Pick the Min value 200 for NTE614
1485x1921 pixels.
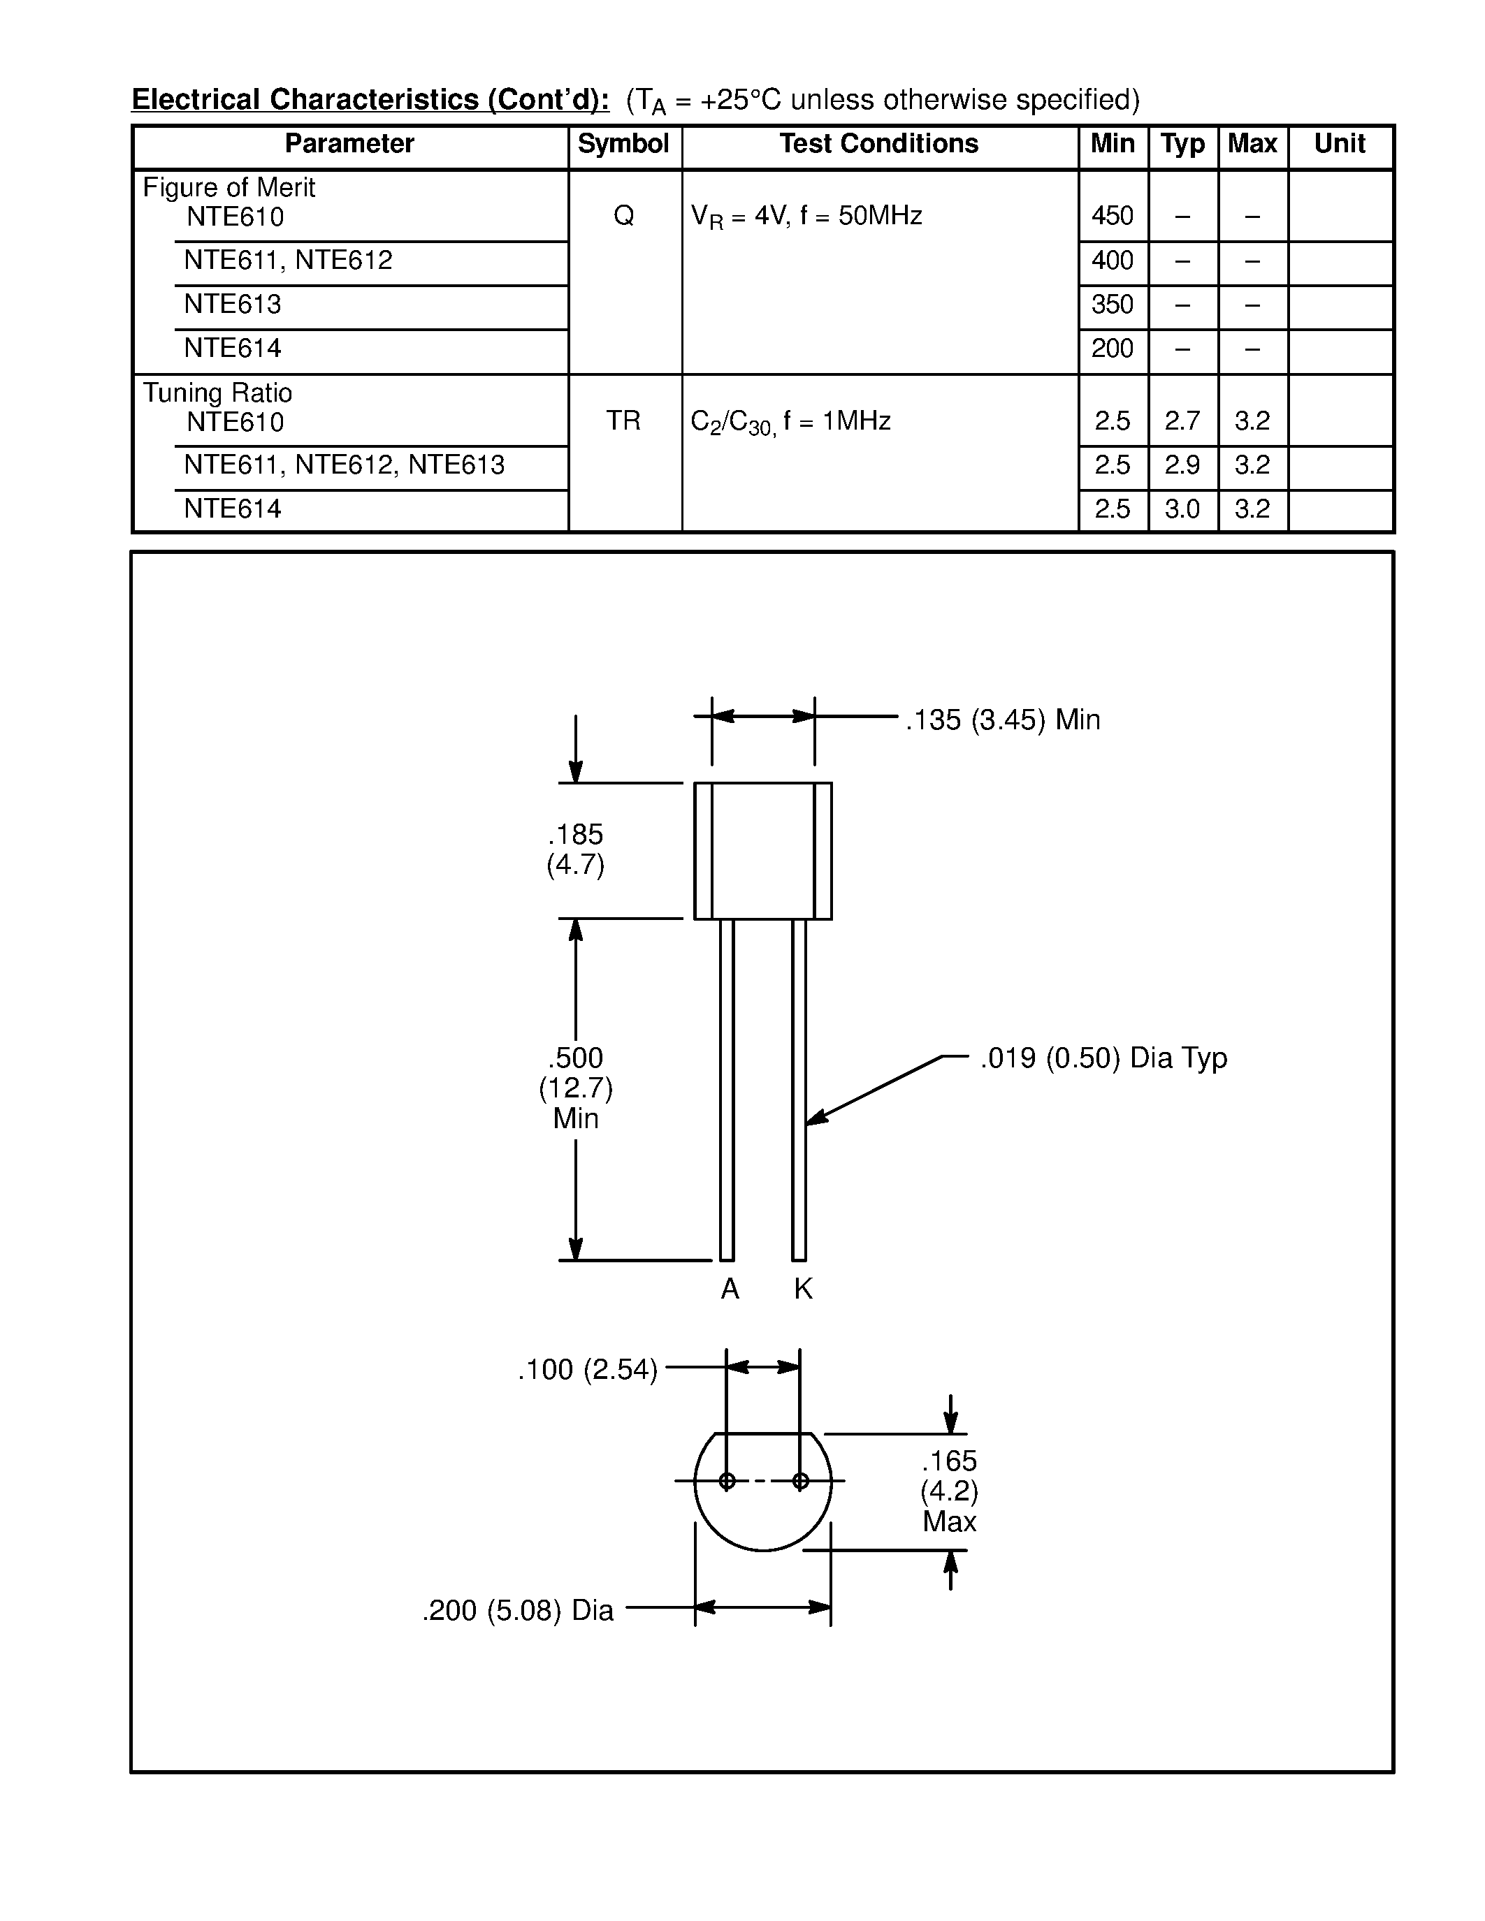(x=1112, y=349)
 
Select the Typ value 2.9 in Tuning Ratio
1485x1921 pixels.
(x=1182, y=465)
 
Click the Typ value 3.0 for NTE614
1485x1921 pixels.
(x=1182, y=509)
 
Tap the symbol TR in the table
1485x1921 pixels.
(x=623, y=421)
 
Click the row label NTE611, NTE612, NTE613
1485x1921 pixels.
(x=344, y=465)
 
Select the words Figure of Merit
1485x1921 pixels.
(x=229, y=187)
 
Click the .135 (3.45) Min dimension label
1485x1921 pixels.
(x=1003, y=720)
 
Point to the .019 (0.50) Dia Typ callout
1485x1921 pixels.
(x=1103, y=1058)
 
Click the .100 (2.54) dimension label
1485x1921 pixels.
(x=587, y=1370)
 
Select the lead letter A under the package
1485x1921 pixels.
(x=730, y=1290)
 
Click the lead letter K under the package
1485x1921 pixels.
(x=802, y=1290)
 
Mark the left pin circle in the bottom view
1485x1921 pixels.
(x=727, y=1481)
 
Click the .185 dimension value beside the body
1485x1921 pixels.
(x=575, y=835)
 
